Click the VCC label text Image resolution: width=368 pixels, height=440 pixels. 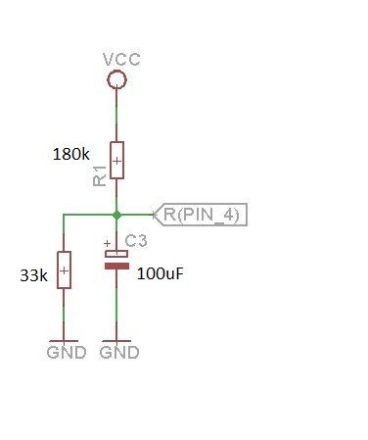click(x=121, y=60)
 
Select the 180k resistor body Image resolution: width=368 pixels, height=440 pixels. click(x=116, y=160)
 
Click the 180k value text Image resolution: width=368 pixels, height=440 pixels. click(x=70, y=154)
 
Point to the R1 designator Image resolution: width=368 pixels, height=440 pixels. click(x=100, y=176)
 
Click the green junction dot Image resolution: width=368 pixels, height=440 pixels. click(x=116, y=215)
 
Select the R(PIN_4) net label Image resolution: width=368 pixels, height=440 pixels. click(x=201, y=215)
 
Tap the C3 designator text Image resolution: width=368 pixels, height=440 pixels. click(x=136, y=241)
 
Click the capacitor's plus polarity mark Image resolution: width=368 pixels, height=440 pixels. click(x=107, y=243)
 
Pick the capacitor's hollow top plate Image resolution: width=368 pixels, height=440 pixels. click(x=116, y=254)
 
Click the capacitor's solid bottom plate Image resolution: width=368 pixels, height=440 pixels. click(x=116, y=267)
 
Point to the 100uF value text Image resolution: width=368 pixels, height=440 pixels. click(x=161, y=273)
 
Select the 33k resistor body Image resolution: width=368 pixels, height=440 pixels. click(x=64, y=269)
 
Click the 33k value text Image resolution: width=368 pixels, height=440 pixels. click(x=33, y=275)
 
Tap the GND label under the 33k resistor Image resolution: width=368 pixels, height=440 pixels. click(x=67, y=353)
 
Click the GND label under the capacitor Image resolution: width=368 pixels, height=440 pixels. click(x=119, y=353)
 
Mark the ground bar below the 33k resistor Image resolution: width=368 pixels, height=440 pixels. click(x=64, y=341)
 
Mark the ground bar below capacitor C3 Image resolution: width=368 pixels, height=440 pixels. click(x=116, y=341)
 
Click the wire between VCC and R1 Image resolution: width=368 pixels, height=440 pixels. click(x=116, y=115)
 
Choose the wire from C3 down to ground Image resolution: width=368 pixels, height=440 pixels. click(x=116, y=305)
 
